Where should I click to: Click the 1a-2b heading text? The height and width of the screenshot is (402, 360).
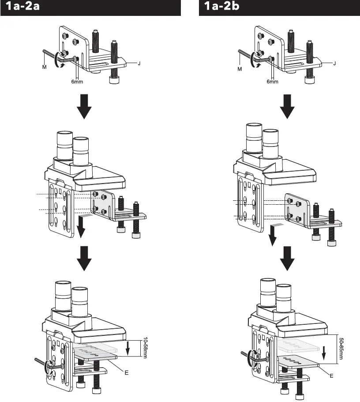coord(224,8)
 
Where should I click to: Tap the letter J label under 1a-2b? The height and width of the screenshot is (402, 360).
coord(335,63)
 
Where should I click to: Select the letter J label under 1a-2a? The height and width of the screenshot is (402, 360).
coord(139,63)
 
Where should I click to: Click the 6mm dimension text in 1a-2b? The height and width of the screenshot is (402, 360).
coord(273,82)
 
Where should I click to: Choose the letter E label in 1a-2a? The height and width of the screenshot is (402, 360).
coord(126,372)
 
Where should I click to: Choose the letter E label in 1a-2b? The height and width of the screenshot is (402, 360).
coord(331,376)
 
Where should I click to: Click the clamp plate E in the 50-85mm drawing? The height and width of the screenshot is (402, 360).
coord(298,361)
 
